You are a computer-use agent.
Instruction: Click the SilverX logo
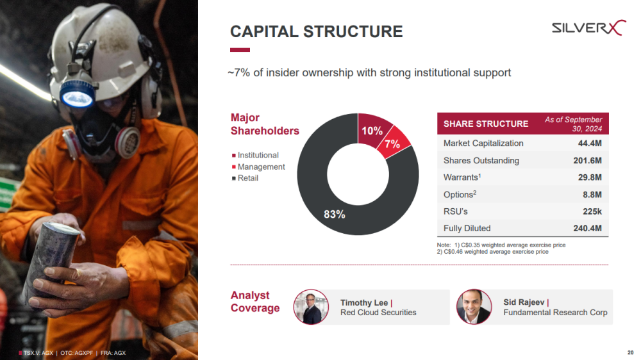point(588,28)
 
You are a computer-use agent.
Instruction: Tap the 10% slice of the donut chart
point(372,129)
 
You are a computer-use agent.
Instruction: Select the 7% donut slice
point(393,143)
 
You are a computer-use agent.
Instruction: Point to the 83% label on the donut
point(335,214)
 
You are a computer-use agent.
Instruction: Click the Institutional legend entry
point(255,155)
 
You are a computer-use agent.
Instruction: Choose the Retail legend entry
point(245,178)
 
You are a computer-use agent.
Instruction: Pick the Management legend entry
point(258,167)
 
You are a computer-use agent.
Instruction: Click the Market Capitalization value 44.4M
point(590,143)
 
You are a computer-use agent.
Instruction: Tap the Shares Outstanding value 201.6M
point(587,161)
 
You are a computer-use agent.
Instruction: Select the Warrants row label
point(462,177)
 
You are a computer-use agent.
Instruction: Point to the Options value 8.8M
point(592,195)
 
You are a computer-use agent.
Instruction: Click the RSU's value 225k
point(592,211)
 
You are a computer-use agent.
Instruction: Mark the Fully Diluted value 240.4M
point(587,229)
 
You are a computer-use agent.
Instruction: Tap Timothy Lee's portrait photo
point(311,307)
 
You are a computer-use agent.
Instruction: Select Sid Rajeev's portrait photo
point(474,307)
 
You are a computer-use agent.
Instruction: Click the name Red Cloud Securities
point(378,313)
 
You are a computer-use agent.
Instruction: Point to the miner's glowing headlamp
point(77,97)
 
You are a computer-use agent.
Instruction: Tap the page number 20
point(630,352)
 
